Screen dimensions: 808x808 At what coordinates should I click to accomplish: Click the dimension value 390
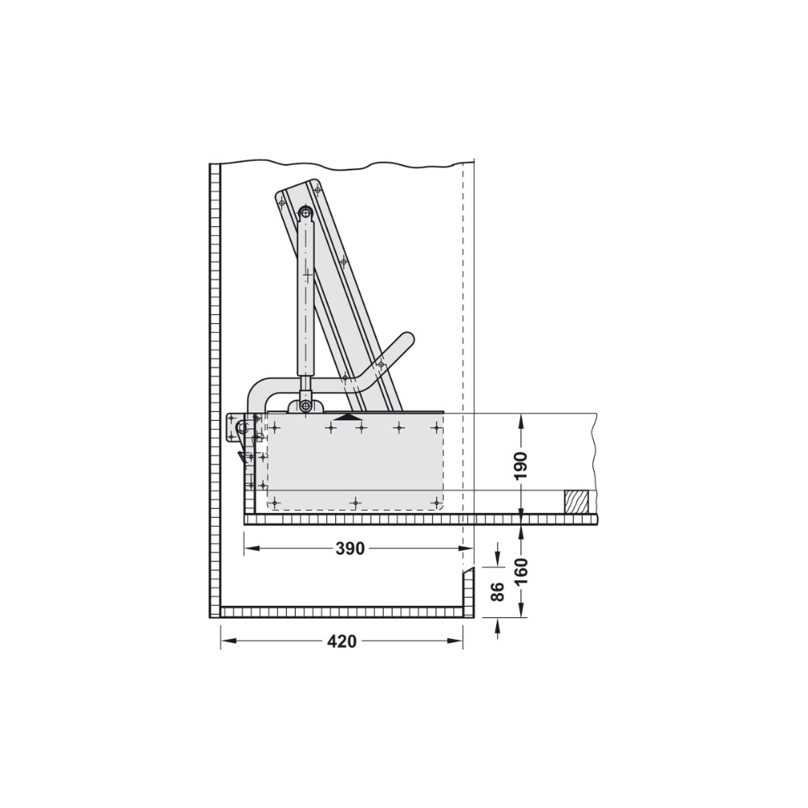pyautogui.click(x=350, y=549)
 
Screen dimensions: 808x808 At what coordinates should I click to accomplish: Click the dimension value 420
pyautogui.click(x=342, y=641)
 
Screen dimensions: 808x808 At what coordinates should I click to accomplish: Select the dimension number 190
pyautogui.click(x=521, y=465)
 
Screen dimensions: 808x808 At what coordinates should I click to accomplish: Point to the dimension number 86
pyautogui.click(x=497, y=592)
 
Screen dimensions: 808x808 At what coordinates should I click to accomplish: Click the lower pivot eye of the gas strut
pyautogui.click(x=306, y=406)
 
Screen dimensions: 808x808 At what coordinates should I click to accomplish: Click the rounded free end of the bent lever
pyautogui.click(x=406, y=339)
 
